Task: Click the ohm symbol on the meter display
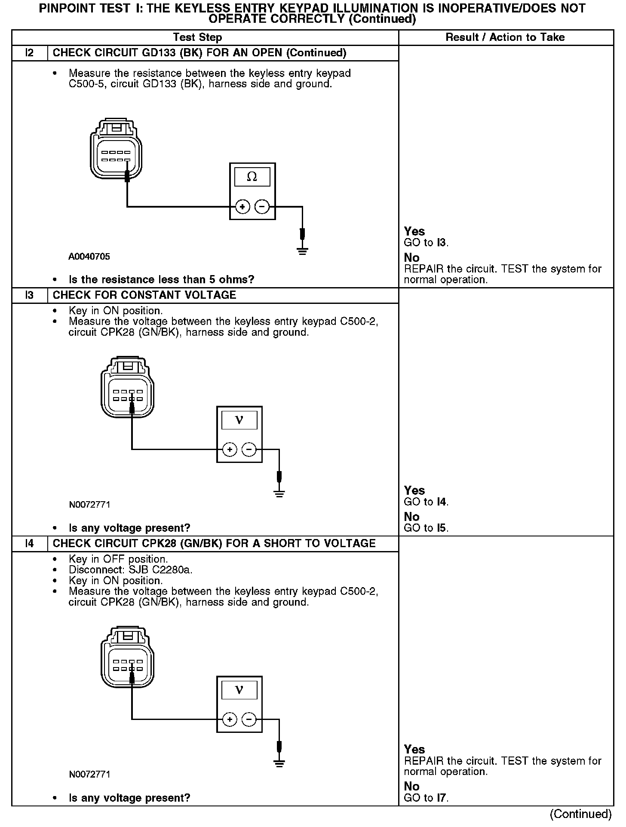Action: (x=252, y=177)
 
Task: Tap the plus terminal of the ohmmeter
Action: (x=242, y=207)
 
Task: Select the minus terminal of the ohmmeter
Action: (x=262, y=207)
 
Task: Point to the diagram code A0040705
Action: (x=89, y=257)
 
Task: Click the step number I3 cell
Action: (x=29, y=295)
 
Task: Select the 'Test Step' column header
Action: (x=197, y=37)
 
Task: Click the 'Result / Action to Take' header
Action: (x=505, y=37)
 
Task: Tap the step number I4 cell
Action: (x=29, y=544)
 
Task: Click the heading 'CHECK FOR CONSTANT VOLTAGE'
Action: (x=144, y=295)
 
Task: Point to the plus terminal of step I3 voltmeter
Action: (x=230, y=450)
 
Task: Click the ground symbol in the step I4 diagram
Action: (x=279, y=763)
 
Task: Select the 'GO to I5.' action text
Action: (x=426, y=528)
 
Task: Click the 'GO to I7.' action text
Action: (x=426, y=798)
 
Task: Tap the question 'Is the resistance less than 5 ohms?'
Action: (x=162, y=280)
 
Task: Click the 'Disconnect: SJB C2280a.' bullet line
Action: (x=131, y=570)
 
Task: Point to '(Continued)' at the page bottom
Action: (x=580, y=814)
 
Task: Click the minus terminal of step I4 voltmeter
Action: (x=249, y=720)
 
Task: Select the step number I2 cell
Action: (x=29, y=53)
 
